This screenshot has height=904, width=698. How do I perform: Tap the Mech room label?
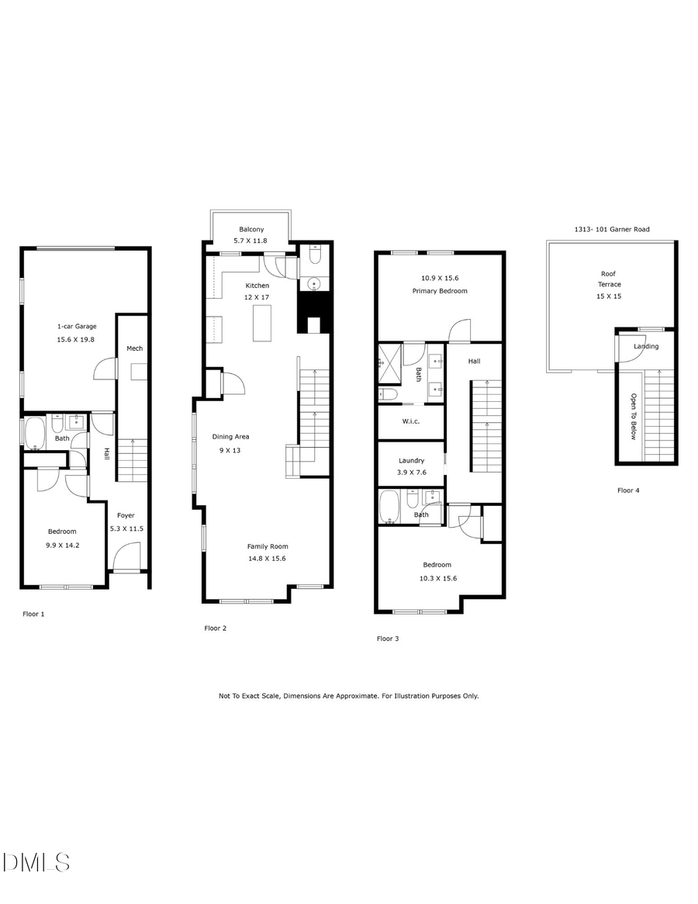click(x=135, y=348)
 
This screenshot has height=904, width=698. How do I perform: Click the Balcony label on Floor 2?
click(x=251, y=229)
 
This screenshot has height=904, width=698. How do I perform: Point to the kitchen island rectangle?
click(x=264, y=323)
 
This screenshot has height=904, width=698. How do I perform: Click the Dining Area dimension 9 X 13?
click(x=231, y=450)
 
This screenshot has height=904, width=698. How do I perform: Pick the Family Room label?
click(x=268, y=546)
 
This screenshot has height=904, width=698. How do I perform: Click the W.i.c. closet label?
click(x=411, y=422)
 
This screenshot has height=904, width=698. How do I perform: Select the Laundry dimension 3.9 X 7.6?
click(x=411, y=473)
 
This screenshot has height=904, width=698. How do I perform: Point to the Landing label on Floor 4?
click(x=646, y=346)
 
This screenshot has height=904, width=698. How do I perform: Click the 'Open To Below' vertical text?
click(x=633, y=417)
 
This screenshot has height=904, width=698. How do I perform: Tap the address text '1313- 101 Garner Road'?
click(x=611, y=230)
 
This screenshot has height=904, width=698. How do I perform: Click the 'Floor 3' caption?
click(x=388, y=639)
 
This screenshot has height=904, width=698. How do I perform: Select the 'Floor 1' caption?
click(x=33, y=614)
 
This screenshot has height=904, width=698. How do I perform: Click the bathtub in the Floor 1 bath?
click(x=34, y=434)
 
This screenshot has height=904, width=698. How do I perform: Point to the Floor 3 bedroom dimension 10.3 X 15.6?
click(x=437, y=578)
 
